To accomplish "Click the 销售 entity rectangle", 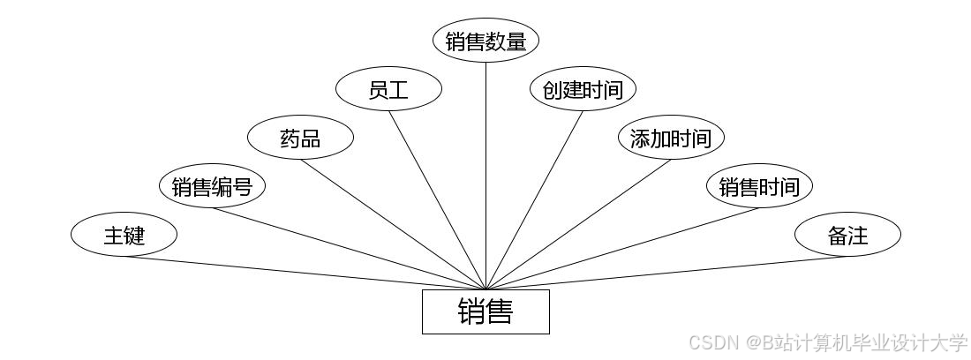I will tap(485, 311).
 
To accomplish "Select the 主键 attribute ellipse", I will tap(124, 236).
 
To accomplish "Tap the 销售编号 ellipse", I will tap(212, 187).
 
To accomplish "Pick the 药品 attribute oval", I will tap(300, 139).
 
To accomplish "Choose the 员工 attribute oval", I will tap(388, 89).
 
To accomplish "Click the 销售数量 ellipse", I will tap(485, 41).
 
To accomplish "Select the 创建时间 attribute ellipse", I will tap(583, 89).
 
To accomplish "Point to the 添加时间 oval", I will tap(671, 139).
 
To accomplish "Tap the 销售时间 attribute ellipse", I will tap(759, 187).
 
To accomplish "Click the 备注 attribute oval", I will tap(847, 236).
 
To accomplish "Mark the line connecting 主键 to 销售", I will tap(305, 273).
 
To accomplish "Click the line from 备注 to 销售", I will tap(666, 273).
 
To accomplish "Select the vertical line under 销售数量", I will tap(485, 176).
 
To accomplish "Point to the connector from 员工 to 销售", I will tap(437, 199).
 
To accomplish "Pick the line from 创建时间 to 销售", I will tap(534, 199).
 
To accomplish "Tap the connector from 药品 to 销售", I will tap(393, 224).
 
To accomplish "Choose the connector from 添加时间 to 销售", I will tap(578, 224).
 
